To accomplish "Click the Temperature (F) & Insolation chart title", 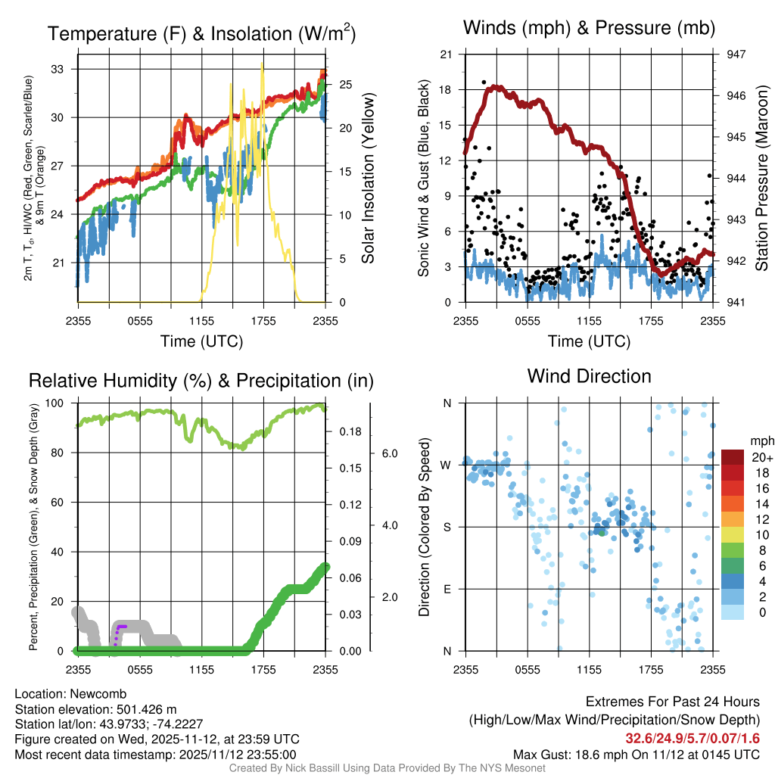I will [201, 33].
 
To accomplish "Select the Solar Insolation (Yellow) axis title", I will [369, 179].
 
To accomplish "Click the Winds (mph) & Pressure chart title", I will [590, 28].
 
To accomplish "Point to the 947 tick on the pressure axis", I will [735, 54].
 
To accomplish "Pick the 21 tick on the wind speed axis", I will [447, 54].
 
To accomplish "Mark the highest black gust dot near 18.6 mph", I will [484, 82].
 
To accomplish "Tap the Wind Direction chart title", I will [590, 375].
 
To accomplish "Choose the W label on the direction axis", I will [447, 465].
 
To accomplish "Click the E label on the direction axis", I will [447, 589].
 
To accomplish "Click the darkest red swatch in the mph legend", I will [733, 456].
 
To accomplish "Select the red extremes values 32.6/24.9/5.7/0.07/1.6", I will [693, 738].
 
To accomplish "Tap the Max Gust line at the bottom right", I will [636, 754].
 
